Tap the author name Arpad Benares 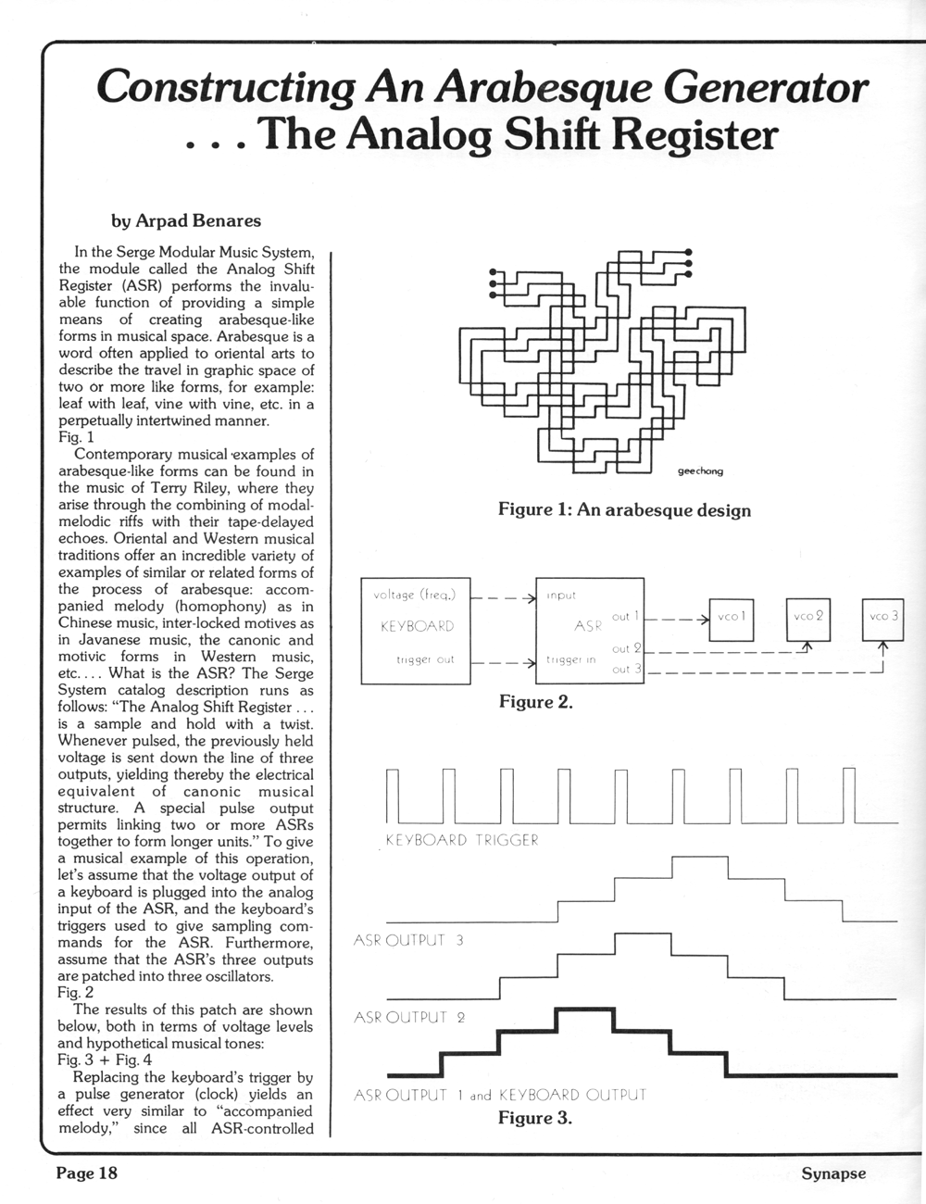pos(186,220)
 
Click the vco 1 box pos(731,617)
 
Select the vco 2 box pos(808,617)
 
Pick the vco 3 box pos(883,617)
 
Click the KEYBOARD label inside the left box pos(417,626)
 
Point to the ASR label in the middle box pos(588,626)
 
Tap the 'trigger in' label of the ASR pos(571,659)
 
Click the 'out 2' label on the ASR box pos(627,648)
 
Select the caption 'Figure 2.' pos(536,702)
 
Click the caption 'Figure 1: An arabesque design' pos(624,509)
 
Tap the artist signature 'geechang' pos(700,471)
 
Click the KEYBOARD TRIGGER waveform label pos(461,841)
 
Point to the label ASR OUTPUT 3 pos(409,942)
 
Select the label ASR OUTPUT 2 pos(409,1018)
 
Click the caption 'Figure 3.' pos(535,1118)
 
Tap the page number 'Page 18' pos(87,1173)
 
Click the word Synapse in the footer pos(833,1173)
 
